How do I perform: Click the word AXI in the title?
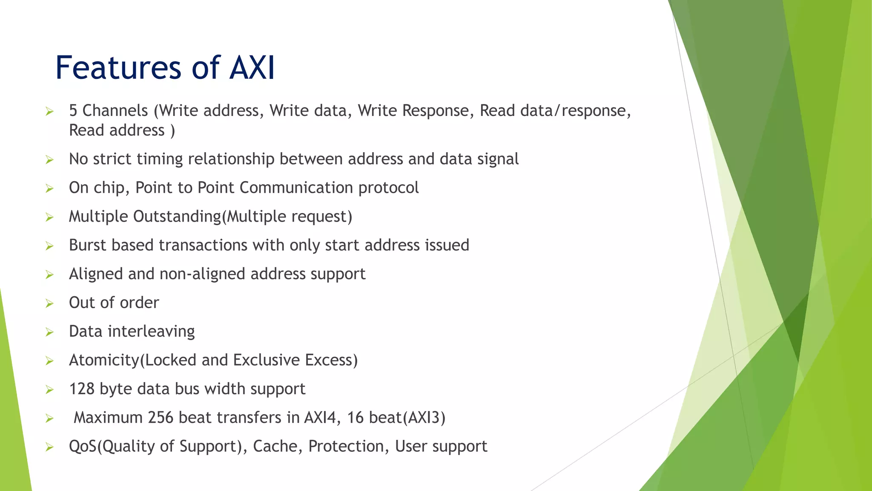(252, 68)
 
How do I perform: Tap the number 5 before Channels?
(73, 111)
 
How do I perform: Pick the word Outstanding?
(177, 217)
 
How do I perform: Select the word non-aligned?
(202, 274)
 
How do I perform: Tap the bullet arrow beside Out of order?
(49, 303)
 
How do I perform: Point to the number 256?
(161, 418)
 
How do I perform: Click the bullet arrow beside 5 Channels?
(49, 112)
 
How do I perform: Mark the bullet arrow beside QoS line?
(49, 447)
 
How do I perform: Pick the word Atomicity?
(104, 361)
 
